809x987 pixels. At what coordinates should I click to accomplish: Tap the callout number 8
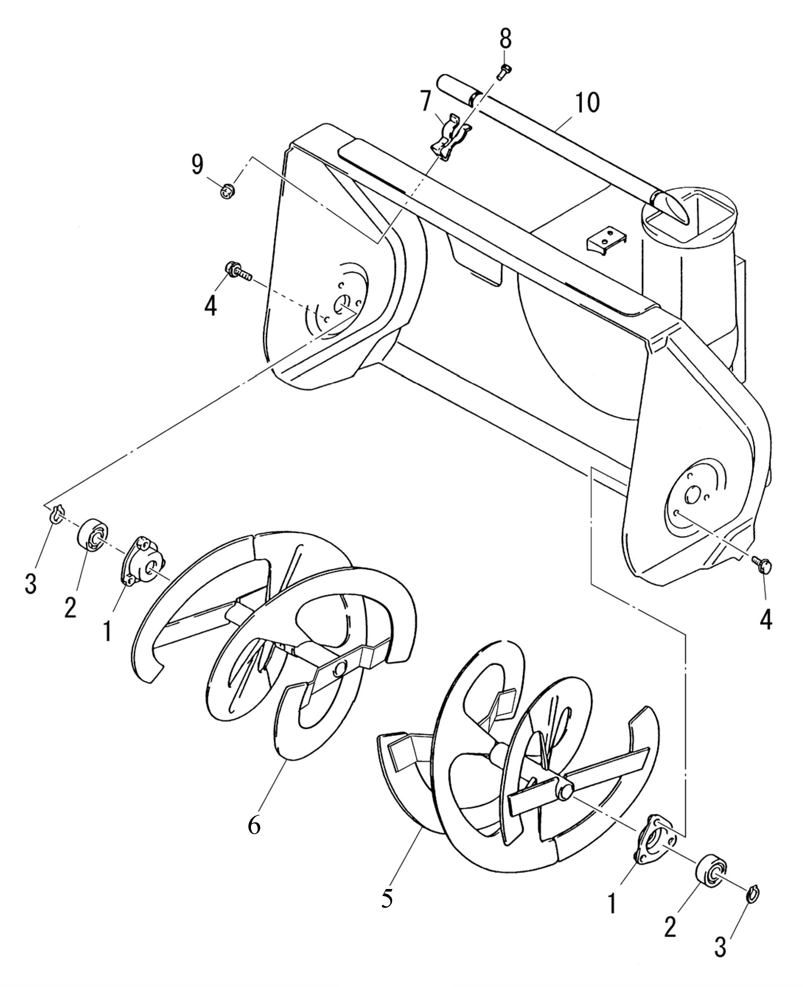point(506,39)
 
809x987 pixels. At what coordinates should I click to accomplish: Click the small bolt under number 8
point(503,73)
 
